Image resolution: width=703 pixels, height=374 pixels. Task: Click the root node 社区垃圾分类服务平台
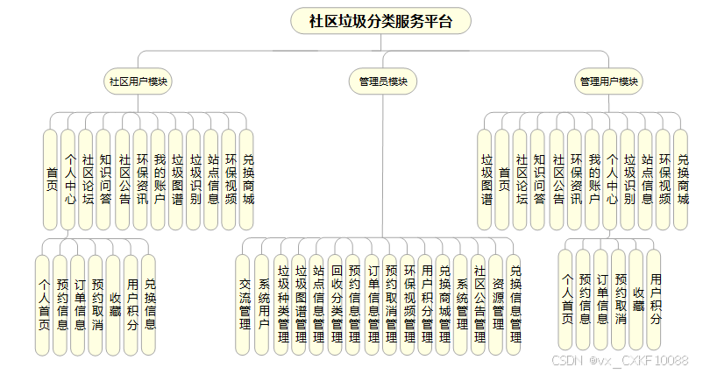381,21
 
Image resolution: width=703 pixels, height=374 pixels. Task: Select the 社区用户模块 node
138,81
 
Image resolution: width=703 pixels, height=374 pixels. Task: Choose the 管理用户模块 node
608,81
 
